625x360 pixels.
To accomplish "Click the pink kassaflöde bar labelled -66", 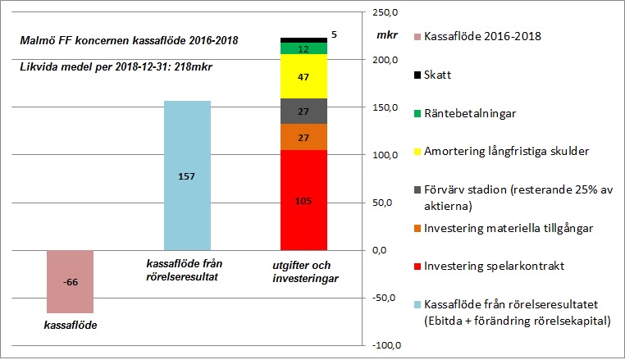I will point(70,281).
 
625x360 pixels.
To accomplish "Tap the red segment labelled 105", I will point(303,200).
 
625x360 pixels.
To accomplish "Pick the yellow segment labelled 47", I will point(303,76).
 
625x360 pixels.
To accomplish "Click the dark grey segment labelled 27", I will point(303,111).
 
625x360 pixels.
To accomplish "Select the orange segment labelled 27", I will point(303,137).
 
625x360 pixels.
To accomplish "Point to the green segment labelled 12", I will point(303,49).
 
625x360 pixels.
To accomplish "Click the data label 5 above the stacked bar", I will point(334,35).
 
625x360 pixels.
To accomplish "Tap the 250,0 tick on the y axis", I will point(385,13).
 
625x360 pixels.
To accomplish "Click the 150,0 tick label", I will point(385,108).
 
